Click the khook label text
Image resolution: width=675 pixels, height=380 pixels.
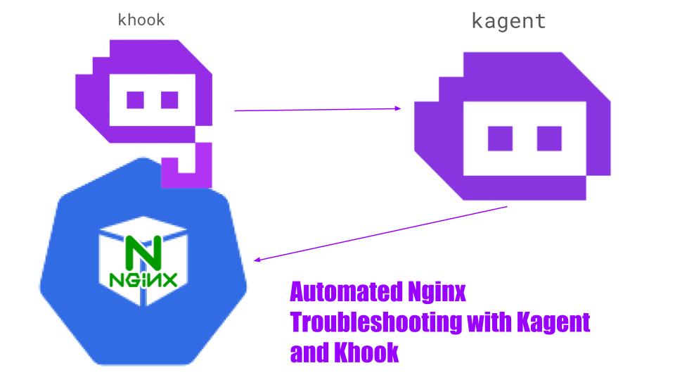tap(141, 20)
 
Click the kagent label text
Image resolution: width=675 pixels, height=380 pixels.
tap(508, 21)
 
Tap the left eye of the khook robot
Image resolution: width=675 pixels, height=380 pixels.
tap(135, 100)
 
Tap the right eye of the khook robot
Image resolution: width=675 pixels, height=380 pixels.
tap(169, 100)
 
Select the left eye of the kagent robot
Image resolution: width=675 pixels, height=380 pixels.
tap(500, 139)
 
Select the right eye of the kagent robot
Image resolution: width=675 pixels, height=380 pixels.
tap(549, 139)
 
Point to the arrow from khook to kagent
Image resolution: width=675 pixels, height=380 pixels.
tap(316, 109)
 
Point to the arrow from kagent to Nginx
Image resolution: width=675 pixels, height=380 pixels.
tap(380, 234)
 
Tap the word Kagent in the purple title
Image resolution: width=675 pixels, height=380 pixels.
tap(553, 322)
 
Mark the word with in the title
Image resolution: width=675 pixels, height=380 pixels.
tap(489, 322)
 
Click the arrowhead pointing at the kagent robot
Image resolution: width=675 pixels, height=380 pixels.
tap(398, 108)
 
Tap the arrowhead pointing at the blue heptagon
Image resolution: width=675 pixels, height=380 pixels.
tap(257, 260)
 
